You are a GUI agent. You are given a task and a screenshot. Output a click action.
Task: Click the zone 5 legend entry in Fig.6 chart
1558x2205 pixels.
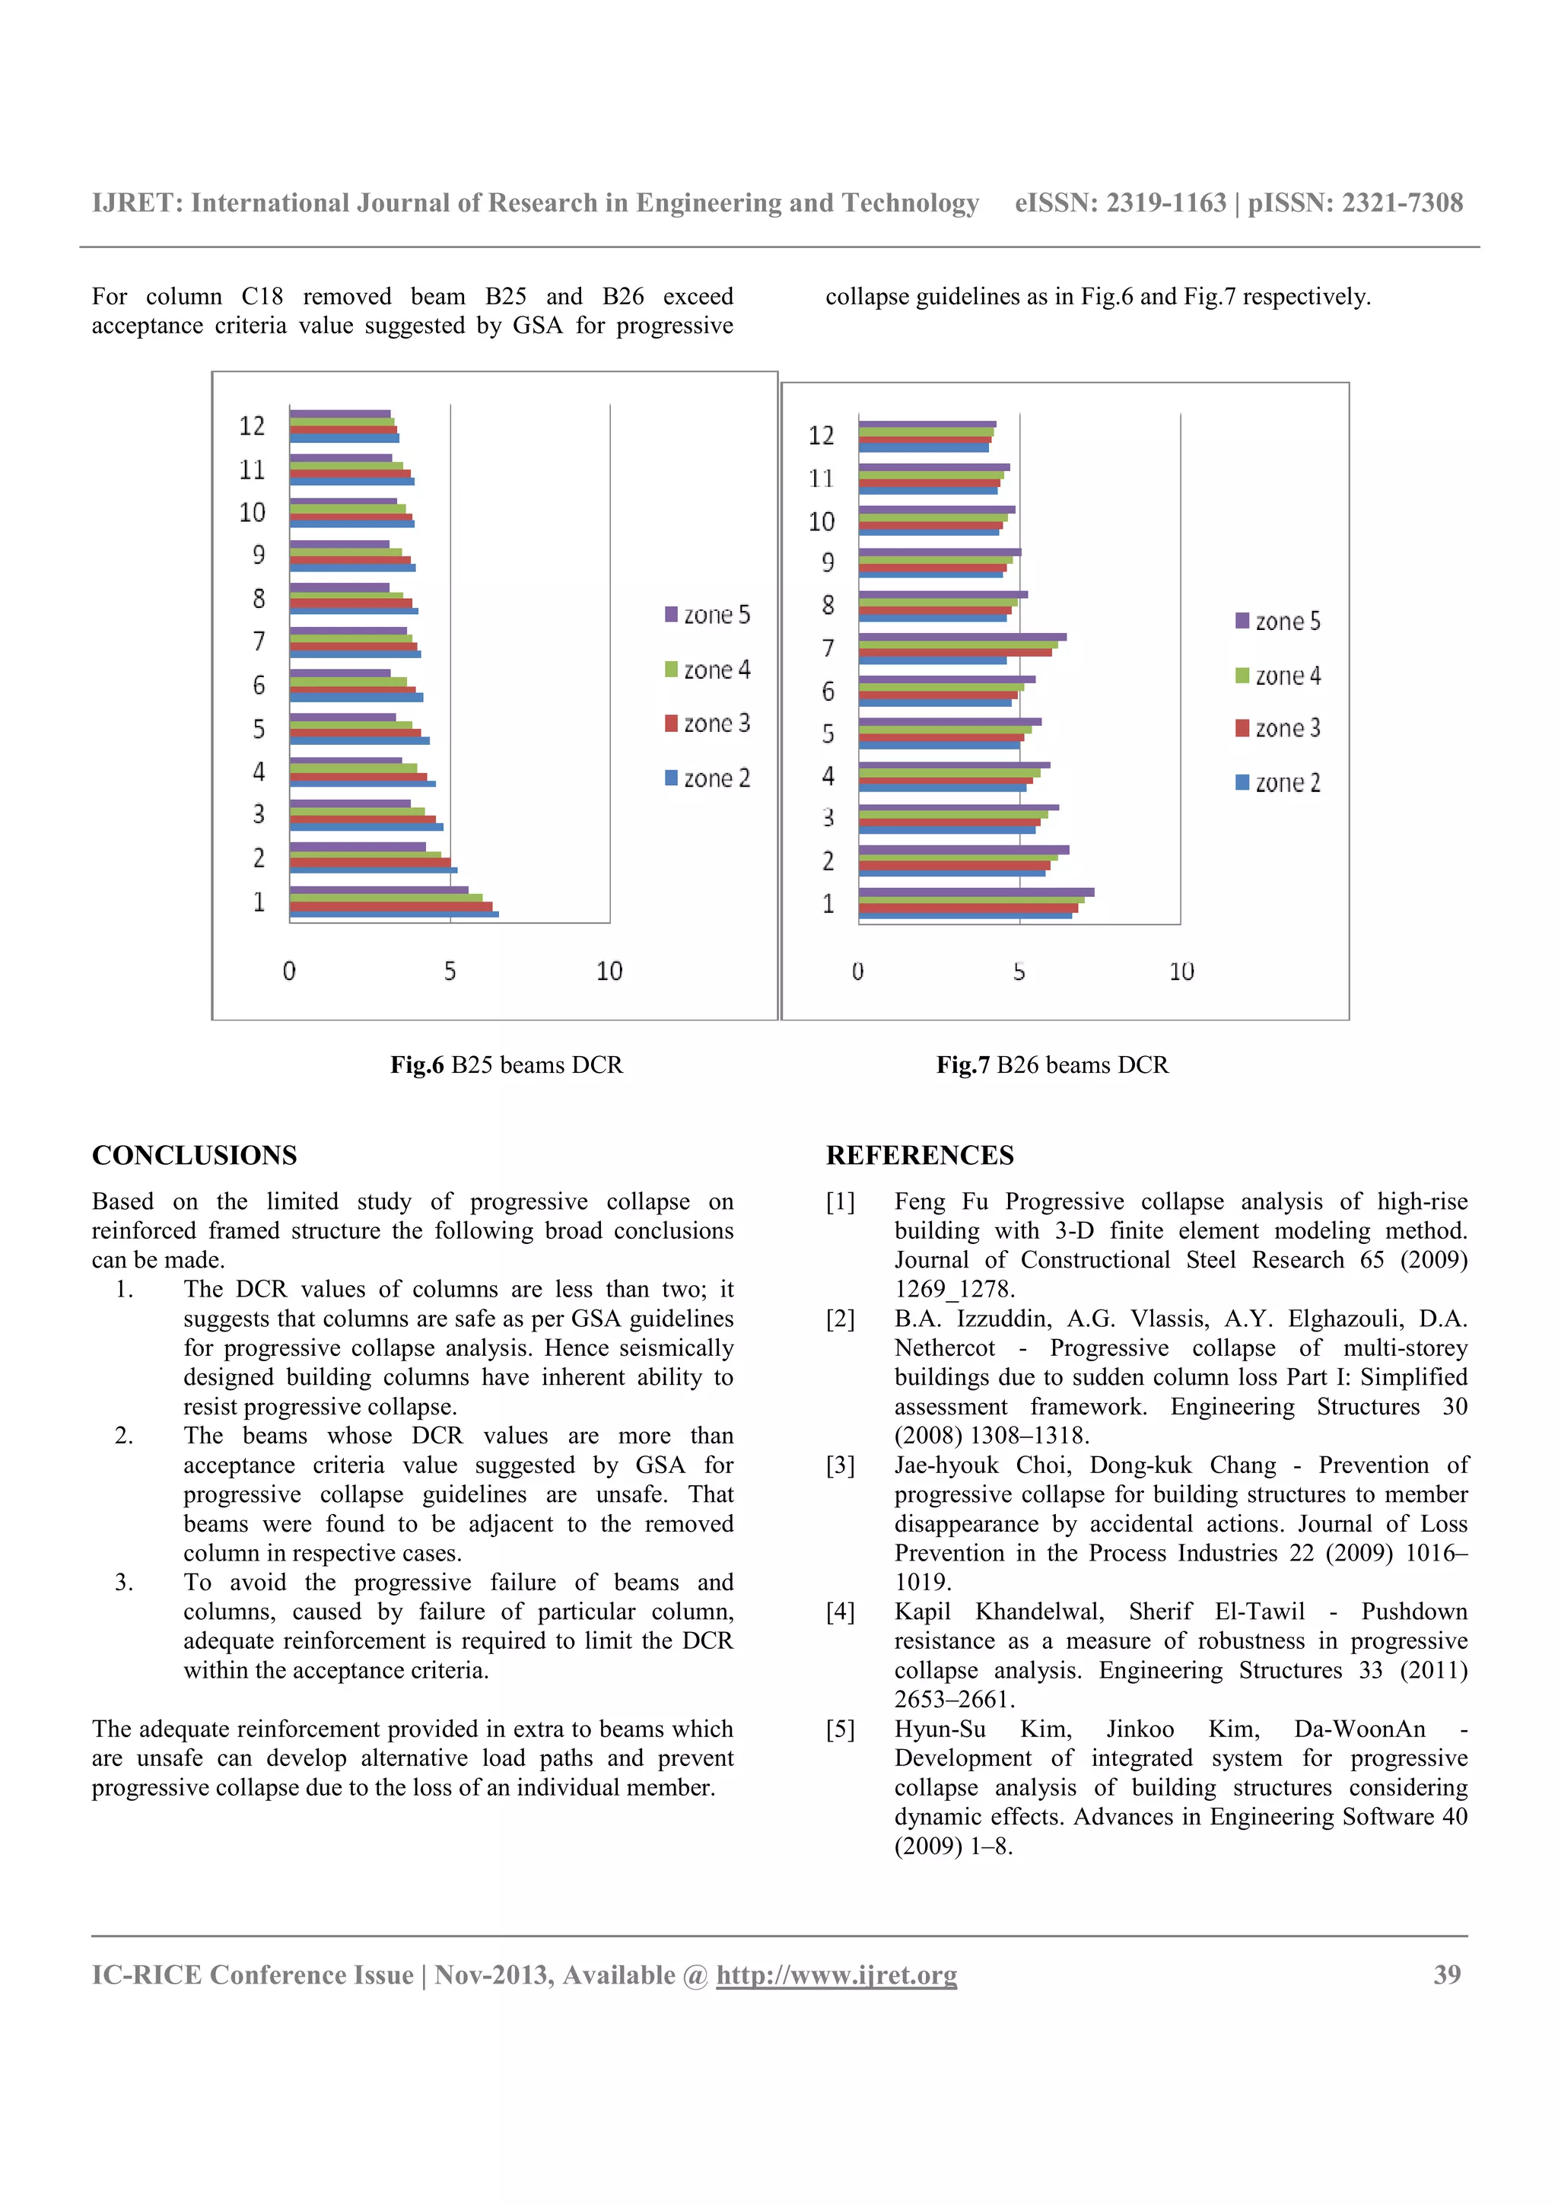point(707,615)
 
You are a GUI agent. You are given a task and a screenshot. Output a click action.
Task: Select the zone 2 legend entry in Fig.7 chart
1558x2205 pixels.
point(1278,783)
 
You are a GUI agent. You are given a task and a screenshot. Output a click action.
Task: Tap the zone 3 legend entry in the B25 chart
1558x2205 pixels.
point(707,723)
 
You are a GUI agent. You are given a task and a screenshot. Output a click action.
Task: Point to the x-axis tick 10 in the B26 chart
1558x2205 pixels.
point(1181,972)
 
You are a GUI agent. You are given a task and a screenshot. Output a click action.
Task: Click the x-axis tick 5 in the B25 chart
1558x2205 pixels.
point(450,971)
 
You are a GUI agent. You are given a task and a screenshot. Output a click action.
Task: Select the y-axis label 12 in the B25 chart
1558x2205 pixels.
point(252,425)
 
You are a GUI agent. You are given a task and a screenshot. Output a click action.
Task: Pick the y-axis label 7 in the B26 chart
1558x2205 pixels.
point(828,648)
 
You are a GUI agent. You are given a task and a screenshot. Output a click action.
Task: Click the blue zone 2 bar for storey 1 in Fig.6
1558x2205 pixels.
point(393,915)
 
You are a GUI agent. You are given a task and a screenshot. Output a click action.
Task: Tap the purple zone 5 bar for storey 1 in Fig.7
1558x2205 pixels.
point(975,892)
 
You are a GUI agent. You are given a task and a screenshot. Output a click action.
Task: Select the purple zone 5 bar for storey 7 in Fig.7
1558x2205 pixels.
point(962,637)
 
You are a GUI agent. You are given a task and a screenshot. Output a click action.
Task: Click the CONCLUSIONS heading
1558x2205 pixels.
point(194,1155)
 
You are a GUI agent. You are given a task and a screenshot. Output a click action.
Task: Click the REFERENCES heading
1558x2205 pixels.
point(919,1155)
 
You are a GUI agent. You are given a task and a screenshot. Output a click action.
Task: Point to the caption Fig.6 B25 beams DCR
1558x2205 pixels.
point(506,1065)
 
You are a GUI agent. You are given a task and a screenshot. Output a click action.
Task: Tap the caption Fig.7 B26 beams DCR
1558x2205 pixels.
point(1052,1065)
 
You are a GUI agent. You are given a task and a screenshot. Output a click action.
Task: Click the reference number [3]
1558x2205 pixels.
point(840,1465)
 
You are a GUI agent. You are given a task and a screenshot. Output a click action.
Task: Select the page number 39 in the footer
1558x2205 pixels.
point(1447,1974)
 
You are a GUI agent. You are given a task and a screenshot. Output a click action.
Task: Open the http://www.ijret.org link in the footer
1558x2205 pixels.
point(836,1974)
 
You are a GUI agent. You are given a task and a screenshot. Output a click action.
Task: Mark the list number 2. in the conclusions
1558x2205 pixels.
point(124,1436)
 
